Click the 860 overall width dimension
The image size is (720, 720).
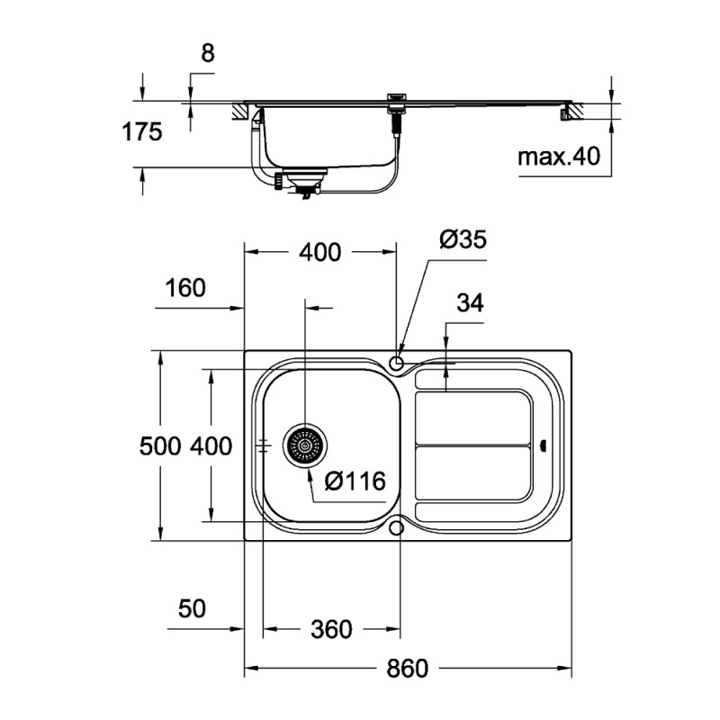coord(408,669)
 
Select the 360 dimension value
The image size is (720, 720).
coord(330,629)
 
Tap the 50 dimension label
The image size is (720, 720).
coord(192,608)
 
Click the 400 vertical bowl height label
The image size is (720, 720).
coord(211,445)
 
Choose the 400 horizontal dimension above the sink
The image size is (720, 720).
coord(320,253)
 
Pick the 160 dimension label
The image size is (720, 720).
coord(185,288)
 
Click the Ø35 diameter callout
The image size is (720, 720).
coord(462,239)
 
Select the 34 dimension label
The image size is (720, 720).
coord(469,303)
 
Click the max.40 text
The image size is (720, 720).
coord(558,157)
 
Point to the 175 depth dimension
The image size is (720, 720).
coord(142,132)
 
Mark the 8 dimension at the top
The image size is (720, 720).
coord(207,53)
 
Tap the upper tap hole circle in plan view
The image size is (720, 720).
coord(396,363)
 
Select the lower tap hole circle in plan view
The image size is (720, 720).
coord(396,527)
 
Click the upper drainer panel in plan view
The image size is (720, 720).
coord(472,417)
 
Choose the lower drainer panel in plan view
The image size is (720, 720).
coord(472,474)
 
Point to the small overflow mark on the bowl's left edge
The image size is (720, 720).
coord(264,445)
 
